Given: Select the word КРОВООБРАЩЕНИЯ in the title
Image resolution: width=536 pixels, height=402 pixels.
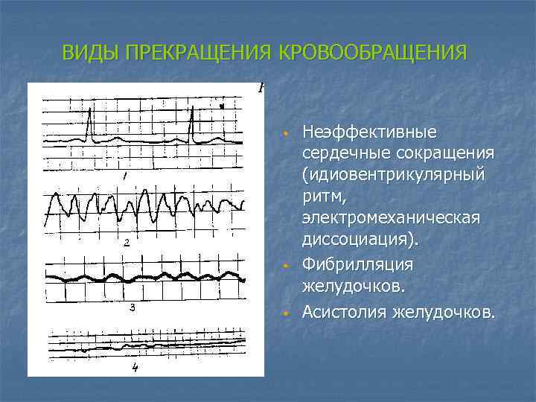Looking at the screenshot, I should coord(372,54).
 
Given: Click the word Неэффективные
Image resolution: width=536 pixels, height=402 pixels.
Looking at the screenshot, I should coord(369,133).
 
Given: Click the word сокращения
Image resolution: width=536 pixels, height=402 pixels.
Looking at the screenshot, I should coord(439,153).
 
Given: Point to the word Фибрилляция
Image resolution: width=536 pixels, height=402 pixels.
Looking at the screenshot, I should coord(358,265).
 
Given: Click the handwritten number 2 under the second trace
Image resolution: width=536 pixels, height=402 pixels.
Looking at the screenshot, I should coord(127,243).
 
